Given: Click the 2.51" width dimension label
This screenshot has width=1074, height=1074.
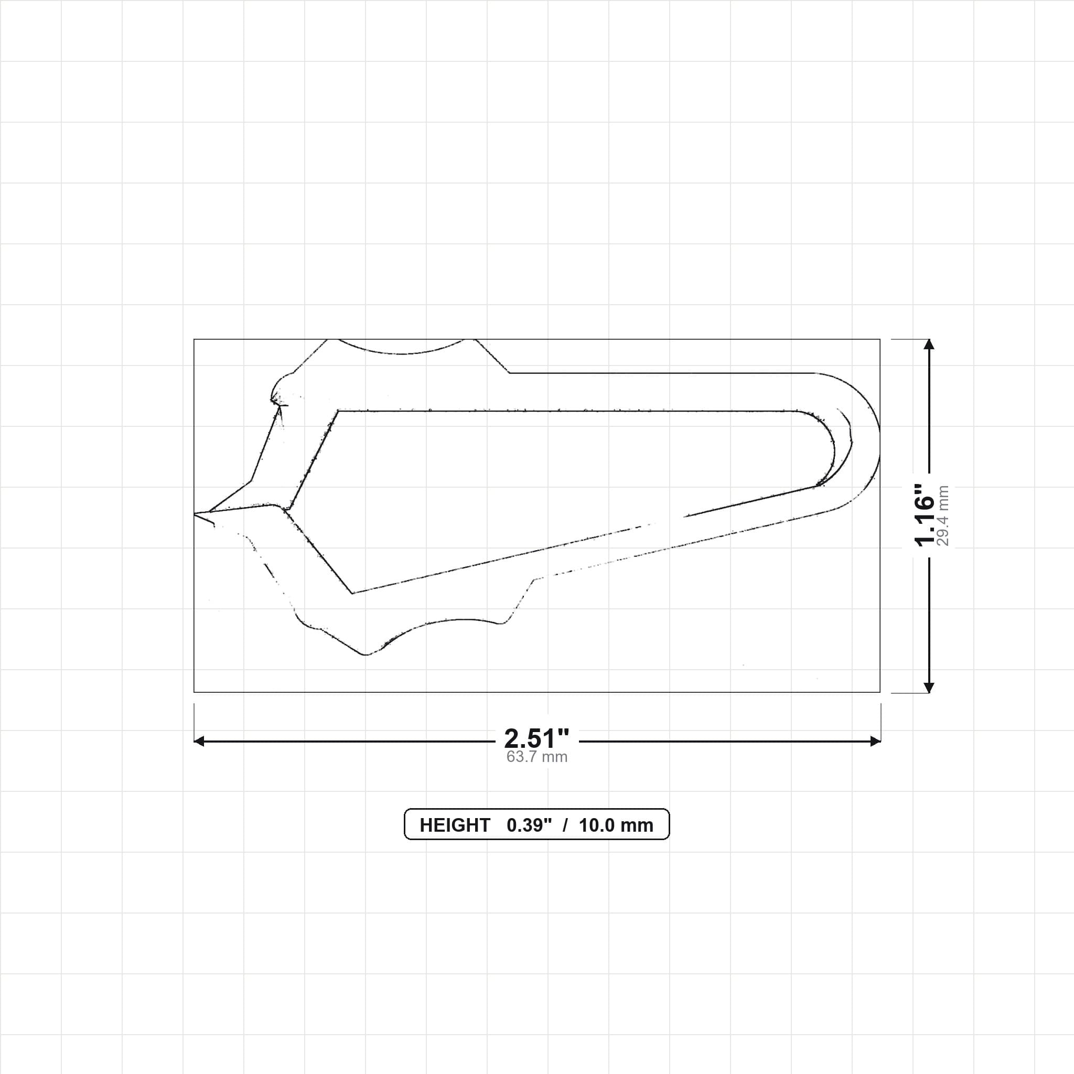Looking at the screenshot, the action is click(536, 739).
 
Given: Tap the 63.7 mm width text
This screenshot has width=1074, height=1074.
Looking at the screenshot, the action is click(536, 757).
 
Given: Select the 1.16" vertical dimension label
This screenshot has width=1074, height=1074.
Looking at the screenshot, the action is click(925, 515).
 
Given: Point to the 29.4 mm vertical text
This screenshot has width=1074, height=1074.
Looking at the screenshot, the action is click(943, 515).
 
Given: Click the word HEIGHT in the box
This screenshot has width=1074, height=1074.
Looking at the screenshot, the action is click(455, 825).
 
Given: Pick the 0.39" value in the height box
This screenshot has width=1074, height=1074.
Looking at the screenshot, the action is click(529, 825).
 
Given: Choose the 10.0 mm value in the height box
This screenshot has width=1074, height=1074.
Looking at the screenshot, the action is click(616, 825).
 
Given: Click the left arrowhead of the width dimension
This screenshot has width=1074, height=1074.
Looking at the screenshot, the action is click(199, 741).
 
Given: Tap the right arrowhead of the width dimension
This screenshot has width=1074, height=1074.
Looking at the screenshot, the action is click(875, 741).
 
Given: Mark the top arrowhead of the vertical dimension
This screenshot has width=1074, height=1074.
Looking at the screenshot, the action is click(928, 344).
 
